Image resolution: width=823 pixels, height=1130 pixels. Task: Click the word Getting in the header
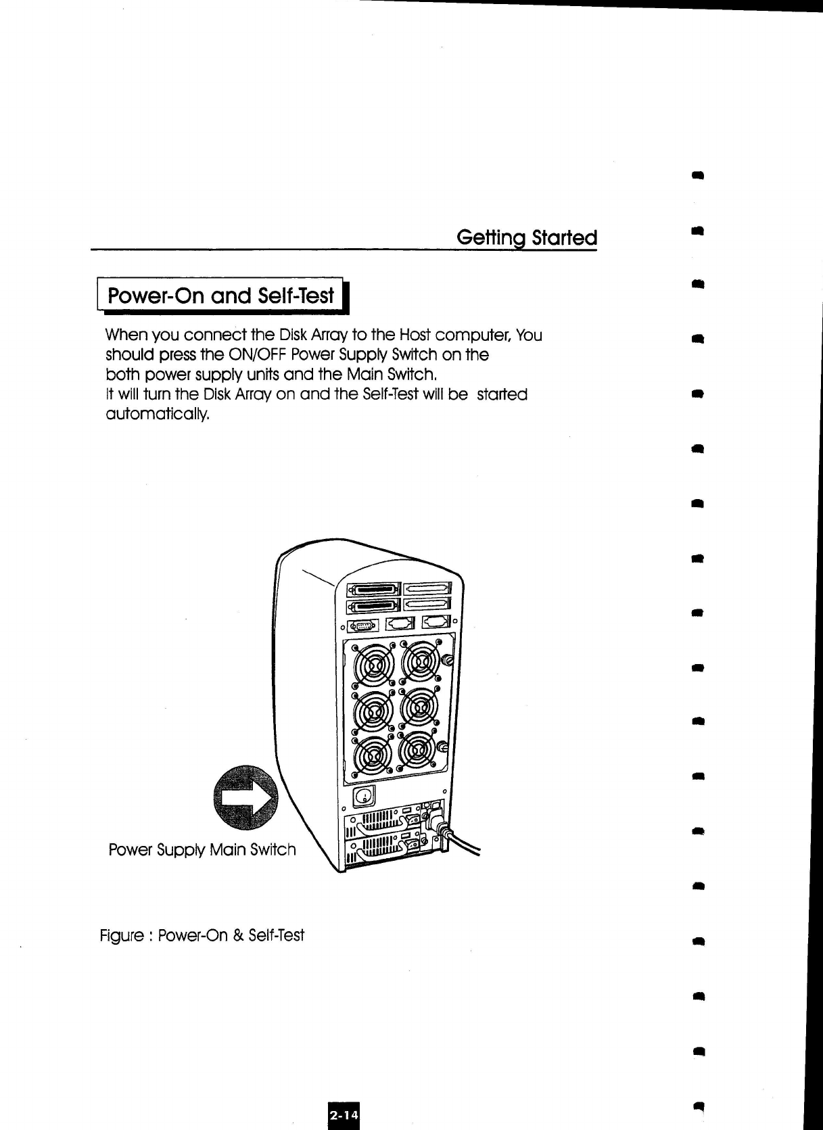(492, 238)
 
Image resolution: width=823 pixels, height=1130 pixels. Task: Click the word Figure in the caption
(121, 936)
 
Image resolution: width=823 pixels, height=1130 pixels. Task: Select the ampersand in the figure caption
(237, 936)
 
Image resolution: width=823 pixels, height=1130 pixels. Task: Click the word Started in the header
(564, 238)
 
